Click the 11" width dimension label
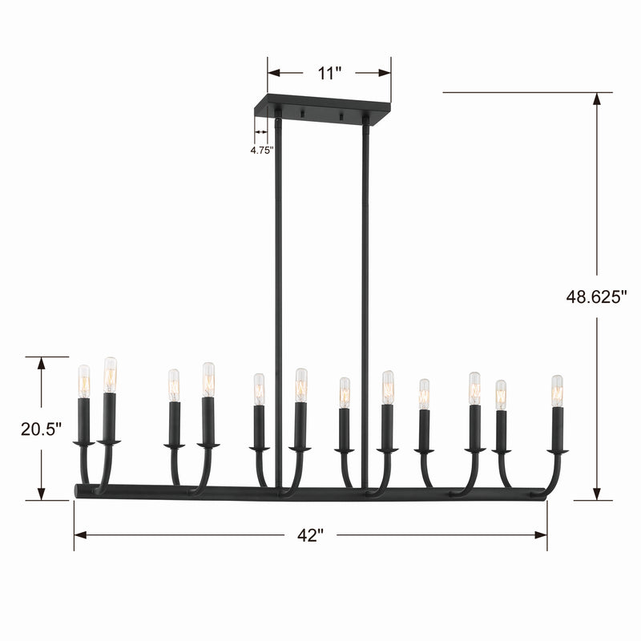(329, 74)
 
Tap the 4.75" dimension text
(262, 151)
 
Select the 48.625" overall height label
(596, 296)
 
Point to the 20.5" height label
(42, 429)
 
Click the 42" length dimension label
(310, 535)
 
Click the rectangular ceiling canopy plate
(322, 107)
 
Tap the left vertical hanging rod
(278, 303)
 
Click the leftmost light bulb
(84, 381)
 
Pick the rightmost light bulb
(557, 391)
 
